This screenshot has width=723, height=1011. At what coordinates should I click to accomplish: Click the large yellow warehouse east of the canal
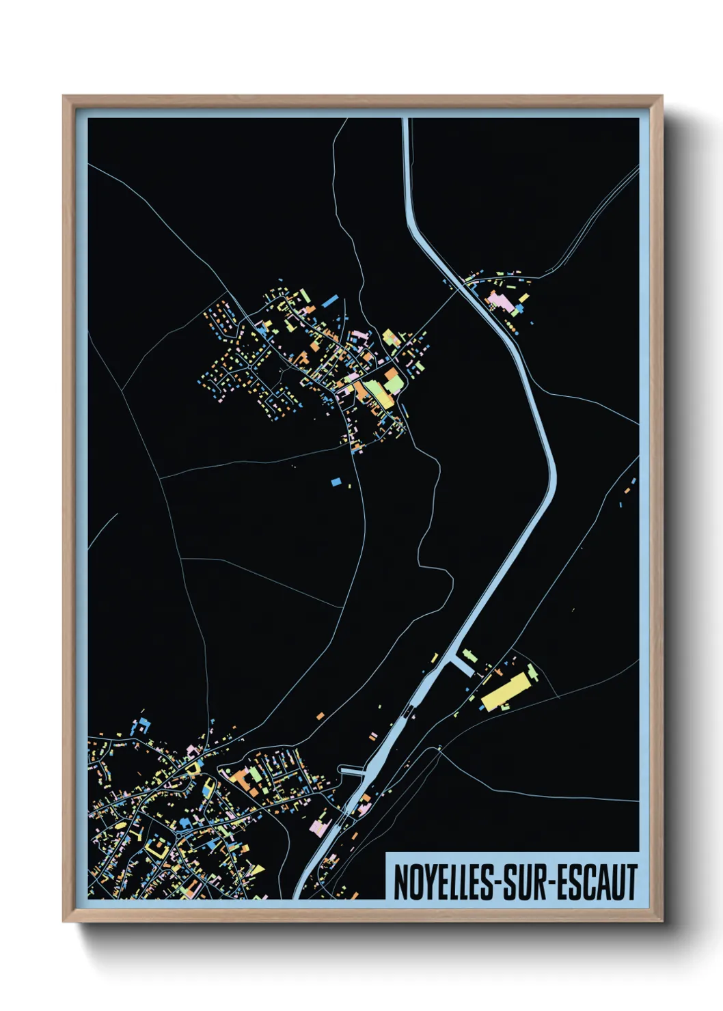[x=506, y=691]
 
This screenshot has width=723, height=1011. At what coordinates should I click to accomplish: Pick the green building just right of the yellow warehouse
[x=532, y=674]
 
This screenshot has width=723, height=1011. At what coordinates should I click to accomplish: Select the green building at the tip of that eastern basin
[x=469, y=654]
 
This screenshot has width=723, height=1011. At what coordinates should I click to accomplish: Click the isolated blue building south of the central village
[x=336, y=482]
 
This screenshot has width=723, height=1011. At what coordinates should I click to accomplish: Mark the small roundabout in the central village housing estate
[x=281, y=372]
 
